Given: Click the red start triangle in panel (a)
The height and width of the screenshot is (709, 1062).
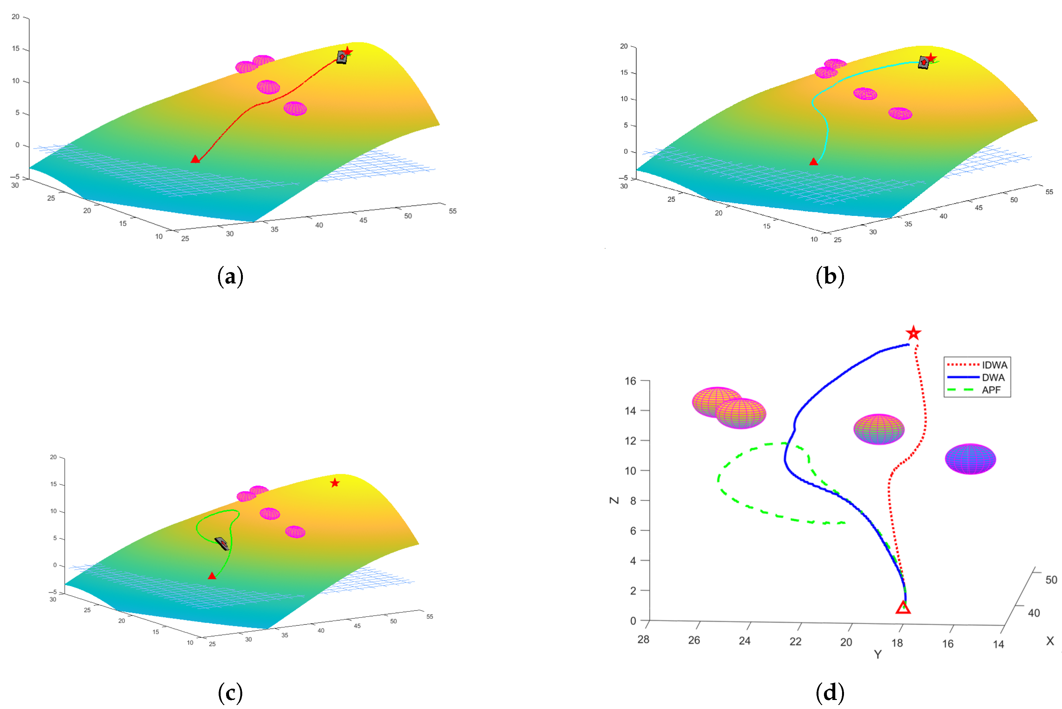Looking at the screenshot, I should tap(195, 159).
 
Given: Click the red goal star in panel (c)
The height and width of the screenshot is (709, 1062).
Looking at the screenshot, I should tap(334, 483).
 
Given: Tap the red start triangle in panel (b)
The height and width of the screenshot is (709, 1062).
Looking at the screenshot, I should tap(813, 162).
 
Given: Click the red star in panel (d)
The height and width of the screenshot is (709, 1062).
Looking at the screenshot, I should tap(913, 333).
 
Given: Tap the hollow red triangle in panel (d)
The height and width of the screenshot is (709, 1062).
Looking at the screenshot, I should tap(903, 608).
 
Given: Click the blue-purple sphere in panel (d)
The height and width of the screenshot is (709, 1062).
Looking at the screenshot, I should tap(970, 459).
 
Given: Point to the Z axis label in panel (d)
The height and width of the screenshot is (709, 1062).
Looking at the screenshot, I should tap(614, 500).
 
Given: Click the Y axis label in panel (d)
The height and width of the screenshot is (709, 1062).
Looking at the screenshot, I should tap(877, 654).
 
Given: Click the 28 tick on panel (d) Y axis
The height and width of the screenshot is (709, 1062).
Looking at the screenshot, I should tap(643, 640).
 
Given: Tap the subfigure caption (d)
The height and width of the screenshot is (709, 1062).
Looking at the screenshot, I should tap(830, 692).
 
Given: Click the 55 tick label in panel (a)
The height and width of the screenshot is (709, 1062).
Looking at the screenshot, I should tap(453, 211).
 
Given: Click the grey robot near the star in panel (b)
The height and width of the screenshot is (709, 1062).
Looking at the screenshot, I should tap(924, 62).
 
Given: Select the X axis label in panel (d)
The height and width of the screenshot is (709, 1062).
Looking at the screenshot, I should tap(1050, 641).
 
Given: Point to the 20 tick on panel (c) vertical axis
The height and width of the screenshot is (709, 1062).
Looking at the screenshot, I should tap(53, 457).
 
